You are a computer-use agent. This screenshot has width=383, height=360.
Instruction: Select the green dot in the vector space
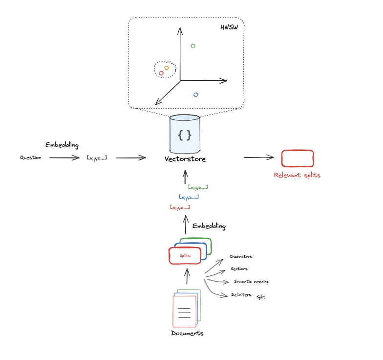[193, 45]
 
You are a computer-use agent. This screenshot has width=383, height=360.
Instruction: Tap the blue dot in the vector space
[196, 94]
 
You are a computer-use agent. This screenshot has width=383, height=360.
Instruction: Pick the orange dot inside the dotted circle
[167, 68]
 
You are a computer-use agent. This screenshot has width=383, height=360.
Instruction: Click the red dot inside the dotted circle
[161, 73]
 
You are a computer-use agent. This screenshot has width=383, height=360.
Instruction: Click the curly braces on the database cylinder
[185, 135]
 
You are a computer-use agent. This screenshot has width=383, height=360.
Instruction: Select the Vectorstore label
[185, 159]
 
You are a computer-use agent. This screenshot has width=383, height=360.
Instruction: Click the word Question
[30, 157]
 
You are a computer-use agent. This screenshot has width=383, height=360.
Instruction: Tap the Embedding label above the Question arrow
[62, 145]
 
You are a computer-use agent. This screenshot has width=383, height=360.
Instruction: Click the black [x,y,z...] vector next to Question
[97, 157]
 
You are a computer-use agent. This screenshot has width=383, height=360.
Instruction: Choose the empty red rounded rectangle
[297, 158]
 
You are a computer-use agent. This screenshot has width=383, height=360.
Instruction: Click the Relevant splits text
[297, 175]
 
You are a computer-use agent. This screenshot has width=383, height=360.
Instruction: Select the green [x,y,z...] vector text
[198, 187]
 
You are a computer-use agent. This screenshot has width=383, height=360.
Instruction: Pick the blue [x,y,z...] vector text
[189, 197]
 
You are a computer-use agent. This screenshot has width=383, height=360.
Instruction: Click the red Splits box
[185, 255]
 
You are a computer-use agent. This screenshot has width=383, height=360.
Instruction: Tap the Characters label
[241, 257]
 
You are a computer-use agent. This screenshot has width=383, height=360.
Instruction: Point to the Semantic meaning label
[251, 282]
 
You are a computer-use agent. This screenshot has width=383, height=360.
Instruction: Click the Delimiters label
[241, 295]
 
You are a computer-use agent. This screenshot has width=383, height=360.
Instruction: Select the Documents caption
[187, 333]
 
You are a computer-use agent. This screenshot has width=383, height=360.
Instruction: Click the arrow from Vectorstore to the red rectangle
[259, 157]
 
